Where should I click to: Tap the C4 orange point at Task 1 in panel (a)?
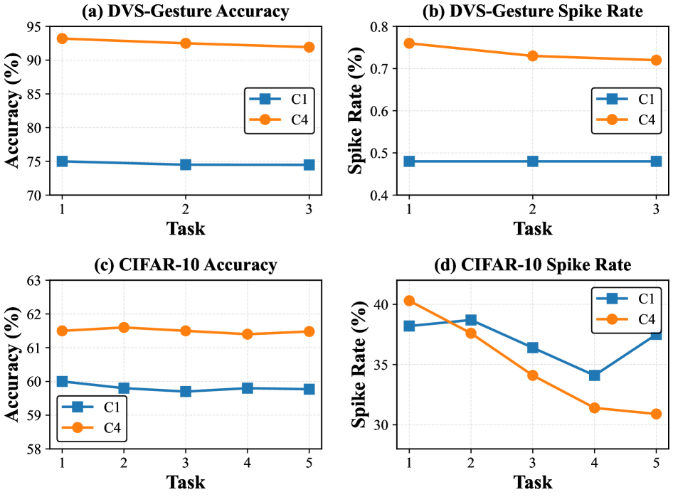click(62, 38)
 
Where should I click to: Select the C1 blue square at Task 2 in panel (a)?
click(186, 164)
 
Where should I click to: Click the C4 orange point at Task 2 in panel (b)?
click(533, 55)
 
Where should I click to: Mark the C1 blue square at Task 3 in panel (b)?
click(656, 161)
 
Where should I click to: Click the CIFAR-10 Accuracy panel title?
click(185, 265)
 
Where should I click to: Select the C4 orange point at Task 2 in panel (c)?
click(124, 327)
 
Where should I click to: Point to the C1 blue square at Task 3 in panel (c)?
click(186, 391)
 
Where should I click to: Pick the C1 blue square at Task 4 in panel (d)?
click(594, 375)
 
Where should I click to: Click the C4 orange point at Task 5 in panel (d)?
click(656, 414)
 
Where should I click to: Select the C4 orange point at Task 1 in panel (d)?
click(409, 301)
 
